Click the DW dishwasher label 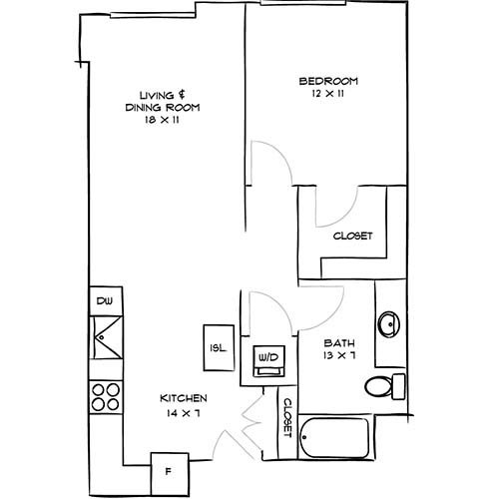[103, 300]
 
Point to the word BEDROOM [328, 81]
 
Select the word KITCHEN [185, 397]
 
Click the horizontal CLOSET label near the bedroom [352, 237]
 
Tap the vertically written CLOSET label [286, 419]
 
